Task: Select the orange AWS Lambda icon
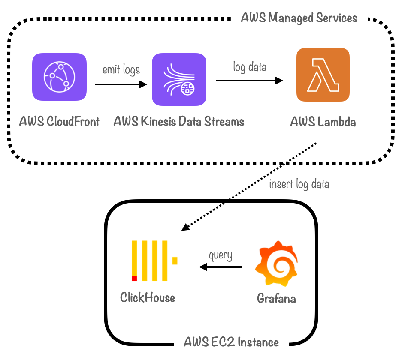pyautogui.click(x=323, y=75)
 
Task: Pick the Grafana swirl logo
pyautogui.click(x=276, y=266)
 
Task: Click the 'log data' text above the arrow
pyautogui.click(x=250, y=67)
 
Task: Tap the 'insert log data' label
pyautogui.click(x=299, y=184)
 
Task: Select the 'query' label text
pyautogui.click(x=221, y=256)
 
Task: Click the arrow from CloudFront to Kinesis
pyautogui.click(x=121, y=84)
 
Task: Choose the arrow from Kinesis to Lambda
pyautogui.click(x=250, y=80)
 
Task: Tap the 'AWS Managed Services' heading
pyautogui.click(x=299, y=18)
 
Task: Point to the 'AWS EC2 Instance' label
pyautogui.click(x=232, y=342)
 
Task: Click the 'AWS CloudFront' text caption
pyautogui.click(x=59, y=122)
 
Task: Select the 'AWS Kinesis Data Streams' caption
pyautogui.click(x=179, y=122)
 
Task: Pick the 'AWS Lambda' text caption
pyautogui.click(x=323, y=122)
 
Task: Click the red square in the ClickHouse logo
pyautogui.click(x=134, y=278)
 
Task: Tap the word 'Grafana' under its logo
pyautogui.click(x=276, y=298)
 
